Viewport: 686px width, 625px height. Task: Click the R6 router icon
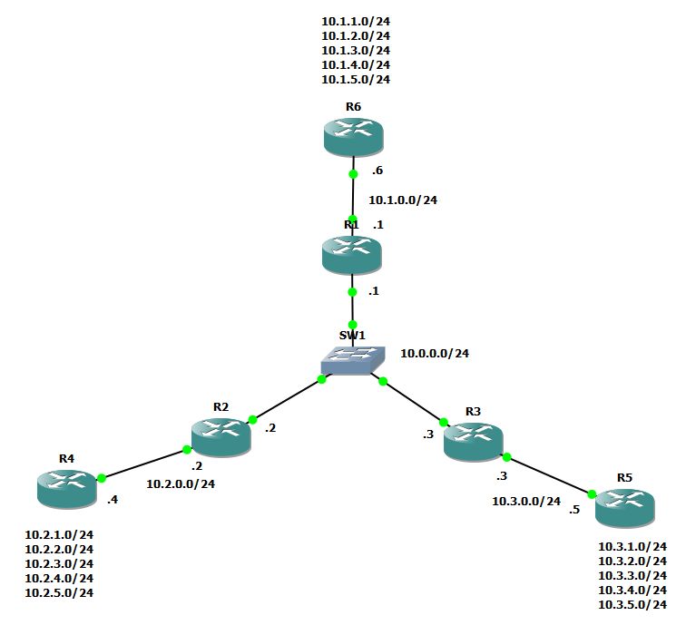coord(353,137)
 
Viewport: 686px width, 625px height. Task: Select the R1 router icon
coord(352,254)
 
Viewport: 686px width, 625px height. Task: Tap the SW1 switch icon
coord(351,361)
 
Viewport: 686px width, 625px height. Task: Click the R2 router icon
coord(220,436)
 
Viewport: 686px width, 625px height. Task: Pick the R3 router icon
coord(473,441)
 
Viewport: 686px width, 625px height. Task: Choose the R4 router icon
coord(66,488)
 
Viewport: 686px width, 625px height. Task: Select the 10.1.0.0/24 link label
coord(403,200)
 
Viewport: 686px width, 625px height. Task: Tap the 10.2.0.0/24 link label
coord(181,483)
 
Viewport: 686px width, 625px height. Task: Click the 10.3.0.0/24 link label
coord(526,501)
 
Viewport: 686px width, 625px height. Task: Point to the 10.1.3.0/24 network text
coord(356,50)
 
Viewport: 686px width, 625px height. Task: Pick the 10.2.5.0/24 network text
coord(59,592)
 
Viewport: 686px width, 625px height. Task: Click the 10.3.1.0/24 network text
coord(632,547)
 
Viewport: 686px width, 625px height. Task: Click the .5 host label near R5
coord(573,509)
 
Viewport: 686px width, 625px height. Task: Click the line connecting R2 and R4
coord(145,463)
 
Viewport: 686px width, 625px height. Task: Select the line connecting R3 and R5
coord(549,475)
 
